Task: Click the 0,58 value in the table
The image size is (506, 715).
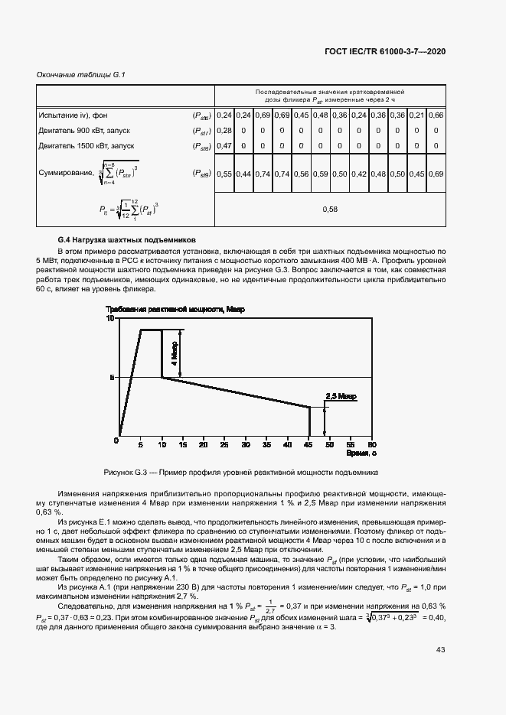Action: pyautogui.click(x=329, y=209)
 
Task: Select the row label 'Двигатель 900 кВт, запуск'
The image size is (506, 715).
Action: pyautogui.click(x=85, y=130)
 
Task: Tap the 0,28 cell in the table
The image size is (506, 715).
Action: pyautogui.click(x=224, y=130)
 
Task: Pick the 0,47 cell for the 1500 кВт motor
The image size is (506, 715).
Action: pyautogui.click(x=224, y=145)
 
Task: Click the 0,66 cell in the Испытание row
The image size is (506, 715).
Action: pyautogui.click(x=436, y=115)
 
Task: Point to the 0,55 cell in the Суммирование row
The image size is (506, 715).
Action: pyautogui.click(x=224, y=174)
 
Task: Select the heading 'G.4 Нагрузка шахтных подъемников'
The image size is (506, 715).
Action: pyautogui.click(x=127, y=239)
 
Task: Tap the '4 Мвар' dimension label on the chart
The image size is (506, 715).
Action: pyautogui.click(x=175, y=353)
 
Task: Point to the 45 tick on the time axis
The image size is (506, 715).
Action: pyautogui.click(x=308, y=444)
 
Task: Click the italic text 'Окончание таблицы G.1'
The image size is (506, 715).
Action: pyautogui.click(x=81, y=74)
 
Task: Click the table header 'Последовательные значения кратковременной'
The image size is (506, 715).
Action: pyautogui.click(x=330, y=92)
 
